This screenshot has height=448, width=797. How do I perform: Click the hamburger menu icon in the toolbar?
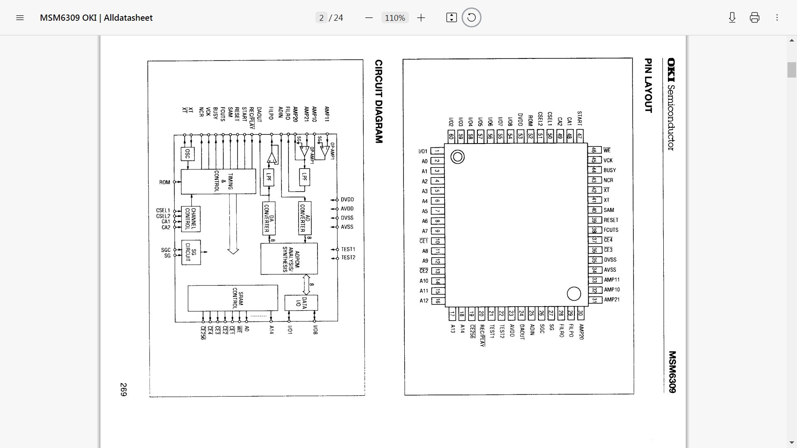pos(20,18)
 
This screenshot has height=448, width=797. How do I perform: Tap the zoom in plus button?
pos(421,18)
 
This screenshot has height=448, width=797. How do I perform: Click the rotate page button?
pos(471,18)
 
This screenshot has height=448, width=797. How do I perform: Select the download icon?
pos(732,18)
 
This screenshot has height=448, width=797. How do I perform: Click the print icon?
pos(755,18)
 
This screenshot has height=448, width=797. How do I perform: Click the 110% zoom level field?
pos(395,18)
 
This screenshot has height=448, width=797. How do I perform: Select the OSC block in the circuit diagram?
pos(188,154)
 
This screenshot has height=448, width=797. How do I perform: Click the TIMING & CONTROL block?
pos(218,181)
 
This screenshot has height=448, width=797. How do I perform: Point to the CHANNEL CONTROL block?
pos(191,219)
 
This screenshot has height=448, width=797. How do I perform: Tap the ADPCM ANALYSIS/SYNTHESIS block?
pos(289,259)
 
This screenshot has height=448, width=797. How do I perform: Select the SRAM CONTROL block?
pos(232,298)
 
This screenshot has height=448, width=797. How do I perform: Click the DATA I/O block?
pos(301,303)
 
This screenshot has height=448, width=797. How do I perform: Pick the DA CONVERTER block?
pos(269,218)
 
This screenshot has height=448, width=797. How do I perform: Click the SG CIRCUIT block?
pos(191,252)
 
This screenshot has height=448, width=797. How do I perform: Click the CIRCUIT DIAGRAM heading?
pos(379,102)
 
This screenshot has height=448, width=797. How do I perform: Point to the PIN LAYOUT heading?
pos(648,85)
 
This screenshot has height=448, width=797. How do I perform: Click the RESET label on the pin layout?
pos(611,220)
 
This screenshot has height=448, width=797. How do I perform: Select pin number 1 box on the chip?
pos(437,151)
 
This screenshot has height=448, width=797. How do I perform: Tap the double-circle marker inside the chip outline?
pos(457,157)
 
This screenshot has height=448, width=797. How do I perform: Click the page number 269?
pos(123,390)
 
